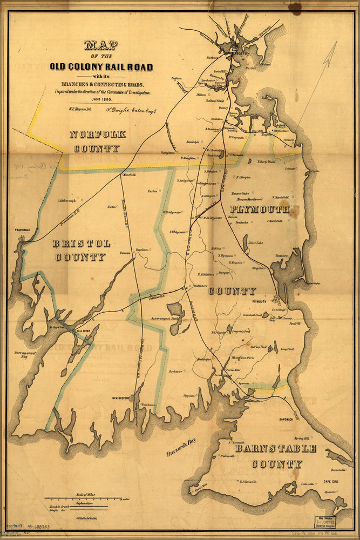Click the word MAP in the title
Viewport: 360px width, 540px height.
tap(101, 45)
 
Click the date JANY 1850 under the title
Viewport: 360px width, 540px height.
tap(101, 100)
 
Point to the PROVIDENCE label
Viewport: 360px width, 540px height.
tap(19, 230)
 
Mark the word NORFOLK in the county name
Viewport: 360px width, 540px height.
tap(97, 134)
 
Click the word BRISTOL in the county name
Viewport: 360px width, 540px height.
tap(81, 244)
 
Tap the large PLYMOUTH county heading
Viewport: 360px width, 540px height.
tap(260, 209)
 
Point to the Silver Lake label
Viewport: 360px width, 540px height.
tap(255, 243)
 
